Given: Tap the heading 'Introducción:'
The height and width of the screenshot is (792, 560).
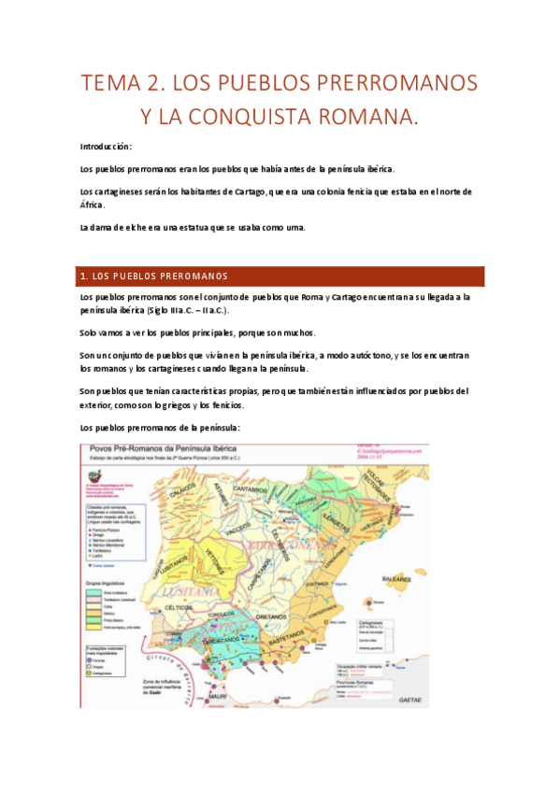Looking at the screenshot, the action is point(106,147).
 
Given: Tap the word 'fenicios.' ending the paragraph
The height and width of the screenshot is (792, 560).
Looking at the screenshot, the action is point(224,405).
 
